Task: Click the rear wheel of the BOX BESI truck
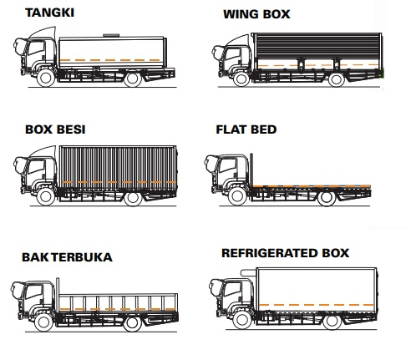(132, 199)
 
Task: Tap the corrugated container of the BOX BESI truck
(118, 164)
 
